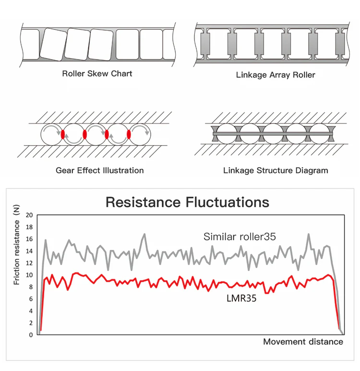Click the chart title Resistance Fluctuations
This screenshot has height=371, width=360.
click(x=187, y=202)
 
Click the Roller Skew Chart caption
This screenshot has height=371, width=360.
click(x=97, y=74)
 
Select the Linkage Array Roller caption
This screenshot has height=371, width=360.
click(x=276, y=75)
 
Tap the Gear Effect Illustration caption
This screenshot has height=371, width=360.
click(x=99, y=170)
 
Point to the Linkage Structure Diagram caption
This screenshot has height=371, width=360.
click(x=276, y=171)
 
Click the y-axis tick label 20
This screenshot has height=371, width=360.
click(x=30, y=215)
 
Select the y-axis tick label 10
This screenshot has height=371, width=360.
click(x=30, y=275)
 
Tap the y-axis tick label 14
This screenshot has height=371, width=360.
click(x=30, y=251)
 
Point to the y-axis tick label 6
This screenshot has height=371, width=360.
click(x=31, y=299)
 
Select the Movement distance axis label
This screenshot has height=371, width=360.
click(x=303, y=342)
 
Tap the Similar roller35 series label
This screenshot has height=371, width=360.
click(x=240, y=236)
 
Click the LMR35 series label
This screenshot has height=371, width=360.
click(x=241, y=298)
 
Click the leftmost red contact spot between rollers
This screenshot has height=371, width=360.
click(x=63, y=134)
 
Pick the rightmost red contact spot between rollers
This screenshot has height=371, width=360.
click(x=129, y=134)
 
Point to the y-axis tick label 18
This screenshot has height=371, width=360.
click(x=30, y=227)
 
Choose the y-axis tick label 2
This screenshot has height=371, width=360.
click(x=31, y=323)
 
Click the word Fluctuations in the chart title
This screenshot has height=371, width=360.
click(x=227, y=202)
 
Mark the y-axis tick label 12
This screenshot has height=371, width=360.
click(x=30, y=263)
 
